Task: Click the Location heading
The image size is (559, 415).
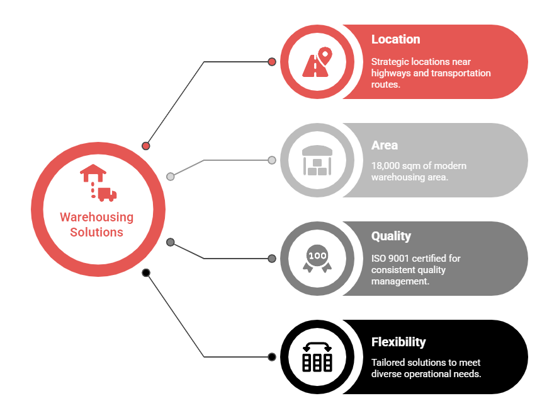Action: pyautogui.click(x=396, y=39)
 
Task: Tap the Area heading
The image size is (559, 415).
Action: pyautogui.click(x=384, y=145)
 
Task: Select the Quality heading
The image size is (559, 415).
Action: pyautogui.click(x=391, y=236)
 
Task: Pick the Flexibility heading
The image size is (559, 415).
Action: pyautogui.click(x=398, y=342)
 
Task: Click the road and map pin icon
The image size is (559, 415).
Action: pyautogui.click(x=317, y=62)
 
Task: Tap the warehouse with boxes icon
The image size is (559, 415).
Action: pyautogui.click(x=317, y=160)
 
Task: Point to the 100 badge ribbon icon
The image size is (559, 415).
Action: pyautogui.click(x=317, y=259)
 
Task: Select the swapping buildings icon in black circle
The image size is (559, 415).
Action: pyautogui.click(x=317, y=357)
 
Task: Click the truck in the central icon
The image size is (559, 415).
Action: pyautogui.click(x=106, y=194)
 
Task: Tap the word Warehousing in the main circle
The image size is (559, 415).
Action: pyautogui.click(x=96, y=217)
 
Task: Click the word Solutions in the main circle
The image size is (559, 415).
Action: pyautogui.click(x=96, y=232)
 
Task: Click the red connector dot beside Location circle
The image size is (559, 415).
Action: pyautogui.click(x=272, y=62)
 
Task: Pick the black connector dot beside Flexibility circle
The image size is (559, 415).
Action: pyautogui.click(x=272, y=357)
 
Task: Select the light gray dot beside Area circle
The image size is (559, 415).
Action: pyautogui.click(x=272, y=160)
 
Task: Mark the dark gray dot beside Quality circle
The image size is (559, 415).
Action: pyautogui.click(x=272, y=258)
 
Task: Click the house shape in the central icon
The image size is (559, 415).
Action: pyautogui.click(x=93, y=173)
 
